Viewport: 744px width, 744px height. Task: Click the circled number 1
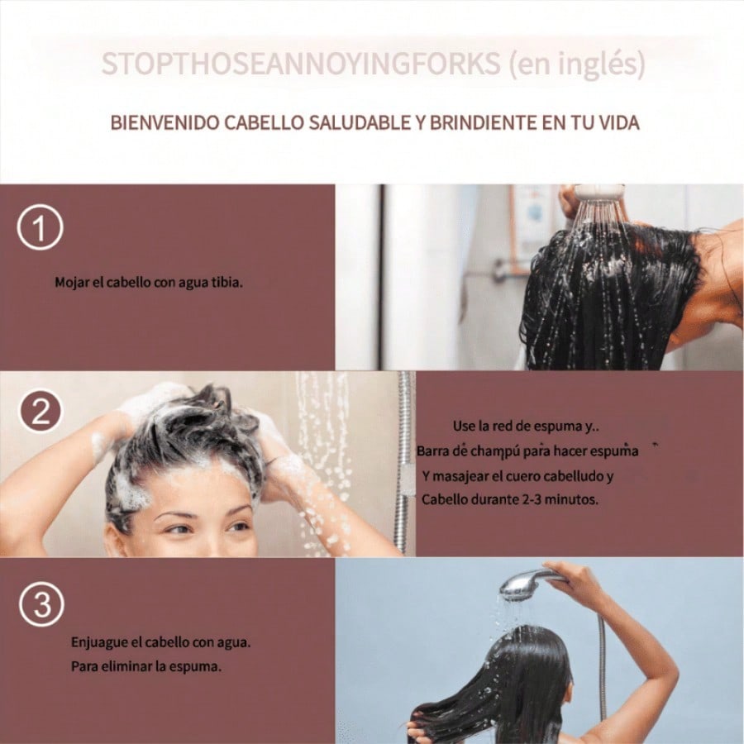pyautogui.click(x=40, y=227)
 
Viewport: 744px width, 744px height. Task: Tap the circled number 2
pyautogui.click(x=41, y=411)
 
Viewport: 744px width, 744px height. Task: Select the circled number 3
pyautogui.click(x=42, y=604)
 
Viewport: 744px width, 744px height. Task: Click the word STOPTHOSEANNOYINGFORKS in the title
pyautogui.click(x=301, y=64)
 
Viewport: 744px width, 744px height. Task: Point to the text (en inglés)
pyautogui.click(x=577, y=64)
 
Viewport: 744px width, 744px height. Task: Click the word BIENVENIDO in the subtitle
pyautogui.click(x=165, y=122)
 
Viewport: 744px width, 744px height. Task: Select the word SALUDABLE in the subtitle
pyautogui.click(x=360, y=122)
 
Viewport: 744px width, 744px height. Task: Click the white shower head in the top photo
pyautogui.click(x=599, y=193)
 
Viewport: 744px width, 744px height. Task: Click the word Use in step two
pyautogui.click(x=463, y=426)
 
